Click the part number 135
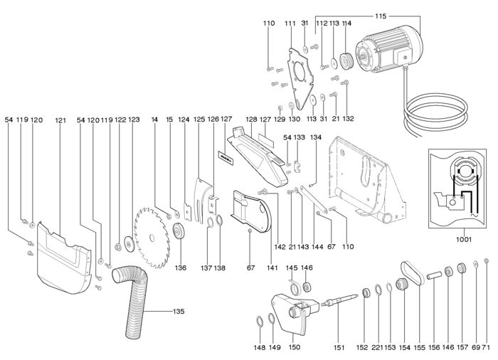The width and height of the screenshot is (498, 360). tap(179, 312)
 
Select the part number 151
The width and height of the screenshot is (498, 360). tap(339, 347)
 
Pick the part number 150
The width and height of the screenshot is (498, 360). tap(293, 347)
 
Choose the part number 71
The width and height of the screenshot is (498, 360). tap(487, 347)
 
